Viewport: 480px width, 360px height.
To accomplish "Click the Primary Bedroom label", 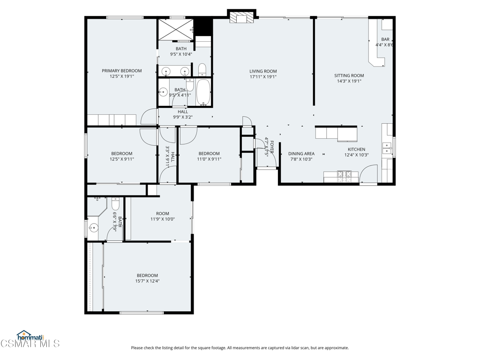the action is coord(121,71).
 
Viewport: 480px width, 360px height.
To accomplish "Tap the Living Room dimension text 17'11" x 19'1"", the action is coord(263,77).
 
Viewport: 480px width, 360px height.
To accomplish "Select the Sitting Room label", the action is coord(349,75).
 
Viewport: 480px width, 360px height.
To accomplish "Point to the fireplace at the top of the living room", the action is coord(242,17).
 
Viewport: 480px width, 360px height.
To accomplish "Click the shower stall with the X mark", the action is coord(175,30).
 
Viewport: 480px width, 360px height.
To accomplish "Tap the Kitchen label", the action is coord(356,150).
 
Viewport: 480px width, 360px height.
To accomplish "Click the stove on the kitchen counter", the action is coord(344,174).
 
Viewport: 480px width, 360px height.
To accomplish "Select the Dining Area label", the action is coord(301,154).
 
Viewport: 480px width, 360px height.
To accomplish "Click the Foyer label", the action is coord(271,147).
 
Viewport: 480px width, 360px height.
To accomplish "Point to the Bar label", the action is coord(385,39).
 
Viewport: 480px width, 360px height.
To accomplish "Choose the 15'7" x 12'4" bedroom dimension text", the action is coord(148,281).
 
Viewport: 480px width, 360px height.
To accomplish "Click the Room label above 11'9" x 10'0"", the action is coord(163,214).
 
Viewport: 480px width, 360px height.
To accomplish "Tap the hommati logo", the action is coord(30,336).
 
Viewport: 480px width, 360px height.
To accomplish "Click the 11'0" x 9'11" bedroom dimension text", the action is coord(209,159).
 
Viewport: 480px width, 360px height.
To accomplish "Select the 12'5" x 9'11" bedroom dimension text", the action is coord(122,159).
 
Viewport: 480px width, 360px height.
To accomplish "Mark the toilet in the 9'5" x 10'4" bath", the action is coord(202,70).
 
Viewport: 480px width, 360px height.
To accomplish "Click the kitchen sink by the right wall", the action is coord(387,148).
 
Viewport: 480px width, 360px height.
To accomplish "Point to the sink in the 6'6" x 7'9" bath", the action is coord(94,228).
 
